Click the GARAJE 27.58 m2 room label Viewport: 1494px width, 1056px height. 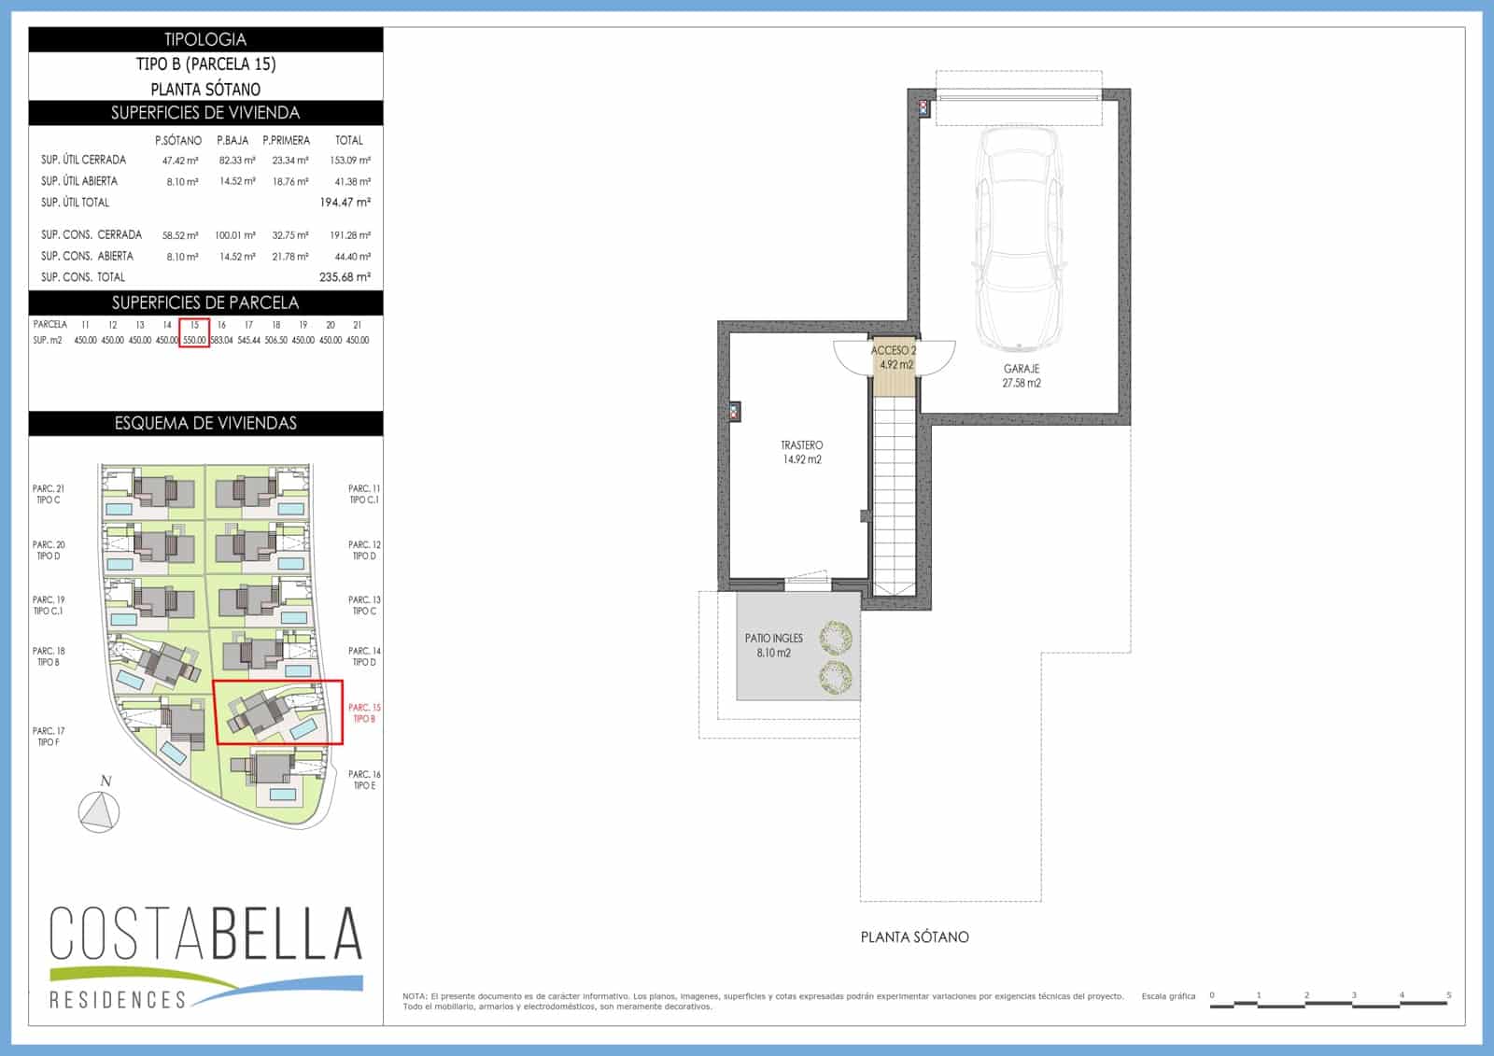(x=1021, y=375)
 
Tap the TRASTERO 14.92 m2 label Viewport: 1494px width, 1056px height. (x=801, y=452)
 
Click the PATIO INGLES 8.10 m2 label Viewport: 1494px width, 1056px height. (x=773, y=645)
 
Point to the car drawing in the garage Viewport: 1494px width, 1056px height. (x=1018, y=238)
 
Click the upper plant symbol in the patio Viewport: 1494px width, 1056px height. (x=835, y=639)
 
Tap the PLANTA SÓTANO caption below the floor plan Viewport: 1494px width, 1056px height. (x=914, y=936)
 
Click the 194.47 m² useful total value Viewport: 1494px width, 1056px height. (x=345, y=202)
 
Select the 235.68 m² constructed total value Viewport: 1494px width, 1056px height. (x=345, y=276)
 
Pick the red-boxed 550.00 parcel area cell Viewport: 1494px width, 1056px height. (x=194, y=340)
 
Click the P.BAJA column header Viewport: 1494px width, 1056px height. (x=233, y=140)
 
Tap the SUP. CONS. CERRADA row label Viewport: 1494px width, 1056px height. (x=92, y=234)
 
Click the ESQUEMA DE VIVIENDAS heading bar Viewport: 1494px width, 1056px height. (x=205, y=423)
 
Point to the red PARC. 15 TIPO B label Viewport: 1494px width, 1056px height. (x=364, y=712)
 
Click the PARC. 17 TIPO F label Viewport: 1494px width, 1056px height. (x=49, y=737)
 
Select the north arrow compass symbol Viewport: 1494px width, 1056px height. (x=99, y=810)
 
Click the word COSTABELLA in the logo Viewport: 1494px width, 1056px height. (x=205, y=933)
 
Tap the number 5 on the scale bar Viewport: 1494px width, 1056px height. (x=1448, y=995)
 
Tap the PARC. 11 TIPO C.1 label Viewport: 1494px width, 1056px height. (x=364, y=494)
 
